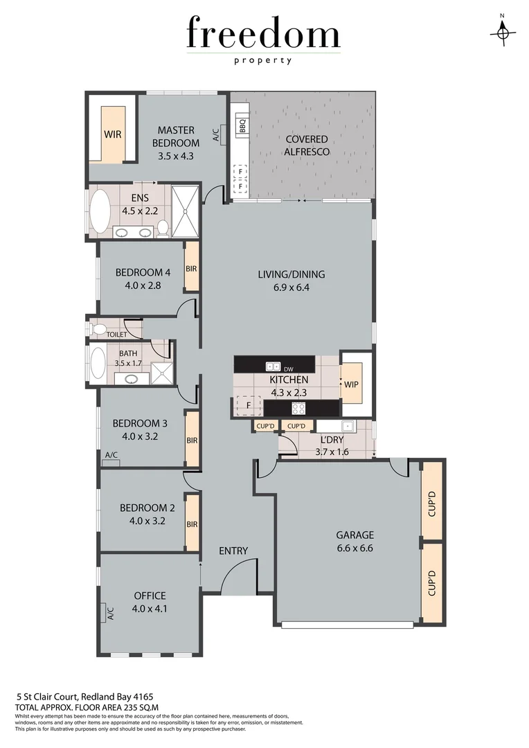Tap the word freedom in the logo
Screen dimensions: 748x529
coord(263,35)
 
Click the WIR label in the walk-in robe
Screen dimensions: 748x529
coord(112,134)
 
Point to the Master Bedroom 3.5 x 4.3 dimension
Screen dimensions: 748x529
coord(175,156)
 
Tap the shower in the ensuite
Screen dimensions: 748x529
coord(186,212)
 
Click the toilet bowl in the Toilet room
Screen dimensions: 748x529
coord(98,328)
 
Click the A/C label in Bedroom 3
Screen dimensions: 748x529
coord(110,454)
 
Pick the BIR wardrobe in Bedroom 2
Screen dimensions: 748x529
coord(192,524)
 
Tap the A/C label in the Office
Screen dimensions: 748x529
coord(109,612)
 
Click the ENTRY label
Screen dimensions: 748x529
coord(233,551)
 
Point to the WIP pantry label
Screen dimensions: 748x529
coord(351,384)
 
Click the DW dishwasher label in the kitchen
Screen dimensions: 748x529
coord(289,368)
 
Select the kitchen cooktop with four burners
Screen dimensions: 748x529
coord(298,409)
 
